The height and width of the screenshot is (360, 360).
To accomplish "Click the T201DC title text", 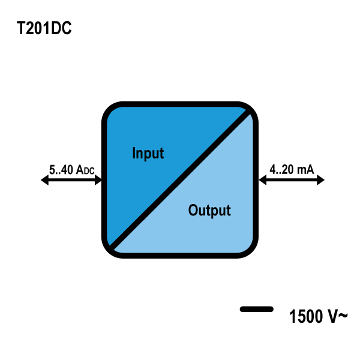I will [x=44, y=29].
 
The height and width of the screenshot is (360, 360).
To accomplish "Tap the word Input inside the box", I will [x=148, y=153].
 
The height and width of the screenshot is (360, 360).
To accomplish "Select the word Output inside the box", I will [x=209, y=211].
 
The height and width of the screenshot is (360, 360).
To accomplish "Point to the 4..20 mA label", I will [x=292, y=170].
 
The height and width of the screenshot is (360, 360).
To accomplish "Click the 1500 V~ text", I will [x=317, y=316].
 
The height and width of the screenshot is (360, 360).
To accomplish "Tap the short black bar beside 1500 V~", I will [x=257, y=309].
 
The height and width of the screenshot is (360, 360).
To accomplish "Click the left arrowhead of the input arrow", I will [x=45, y=180].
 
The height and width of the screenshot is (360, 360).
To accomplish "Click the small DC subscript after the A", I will [x=88, y=172].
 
